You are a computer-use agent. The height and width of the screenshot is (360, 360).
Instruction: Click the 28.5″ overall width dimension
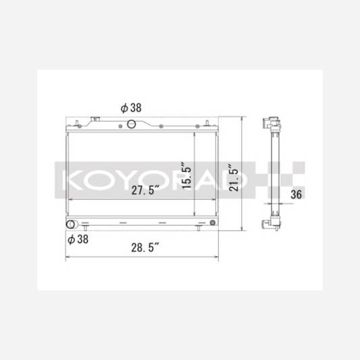(145, 247)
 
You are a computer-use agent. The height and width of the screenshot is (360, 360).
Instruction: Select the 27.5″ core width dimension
(145, 190)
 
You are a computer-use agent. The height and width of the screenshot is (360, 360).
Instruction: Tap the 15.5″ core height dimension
(186, 176)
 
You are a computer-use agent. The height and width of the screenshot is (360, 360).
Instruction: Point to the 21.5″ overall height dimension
(234, 178)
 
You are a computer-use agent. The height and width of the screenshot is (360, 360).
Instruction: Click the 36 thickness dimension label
(297, 195)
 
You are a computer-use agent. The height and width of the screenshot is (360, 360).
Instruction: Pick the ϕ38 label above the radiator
(131, 107)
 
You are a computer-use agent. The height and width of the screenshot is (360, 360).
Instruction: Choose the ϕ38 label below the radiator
(78, 239)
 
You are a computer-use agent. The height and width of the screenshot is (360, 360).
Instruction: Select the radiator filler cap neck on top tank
(95, 119)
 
